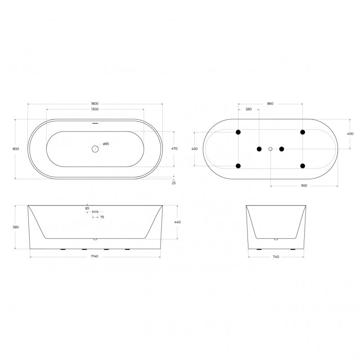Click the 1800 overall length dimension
[x=94, y=104]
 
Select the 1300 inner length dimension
[x=94, y=109]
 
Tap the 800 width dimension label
[x=16, y=149]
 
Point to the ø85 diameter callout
[x=106, y=144]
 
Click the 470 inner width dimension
[x=175, y=149]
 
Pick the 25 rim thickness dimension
[x=174, y=182]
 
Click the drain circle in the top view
[x=95, y=149]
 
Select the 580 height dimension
[x=16, y=227]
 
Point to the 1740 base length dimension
[x=94, y=256]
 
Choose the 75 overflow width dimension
[x=103, y=217]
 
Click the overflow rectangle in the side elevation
[x=95, y=211]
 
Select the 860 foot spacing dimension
[x=270, y=104]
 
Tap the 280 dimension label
[x=248, y=109]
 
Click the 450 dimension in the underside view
[x=194, y=149]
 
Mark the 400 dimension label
[x=350, y=134]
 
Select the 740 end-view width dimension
[x=276, y=256]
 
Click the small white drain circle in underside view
[x=270, y=149]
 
